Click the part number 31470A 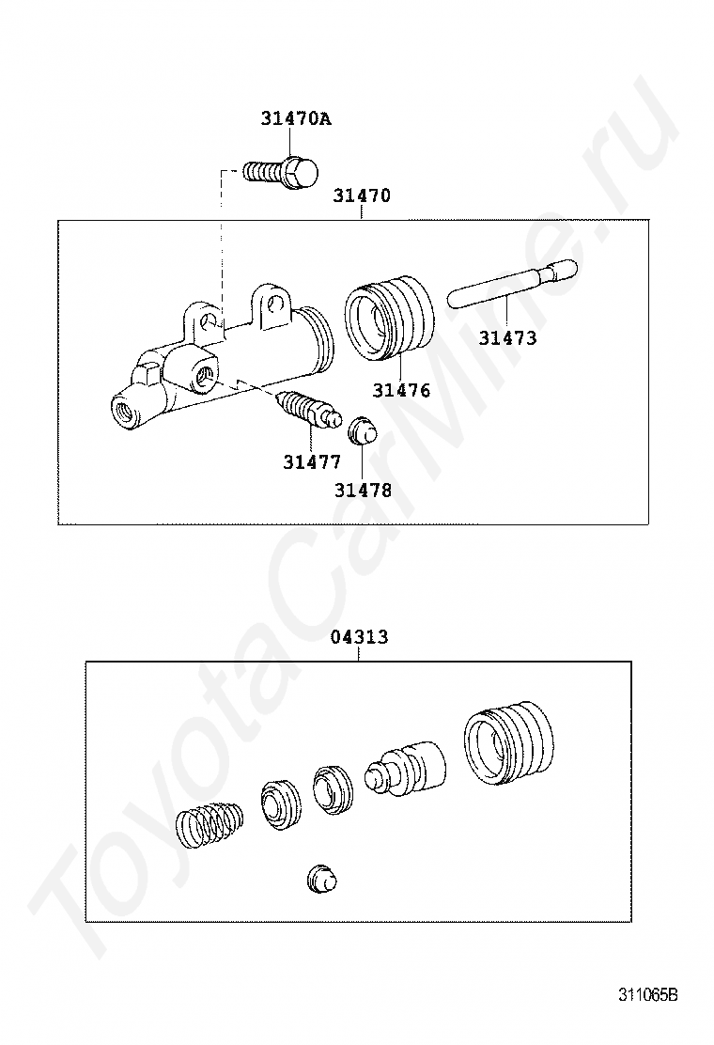tap(296, 120)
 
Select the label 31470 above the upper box tap(362, 196)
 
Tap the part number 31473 tap(507, 338)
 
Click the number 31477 tap(312, 462)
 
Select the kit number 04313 tap(359, 637)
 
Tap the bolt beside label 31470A tap(281, 173)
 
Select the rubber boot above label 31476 tap(390, 317)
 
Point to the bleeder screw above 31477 tap(306, 410)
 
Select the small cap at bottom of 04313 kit tap(321, 879)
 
